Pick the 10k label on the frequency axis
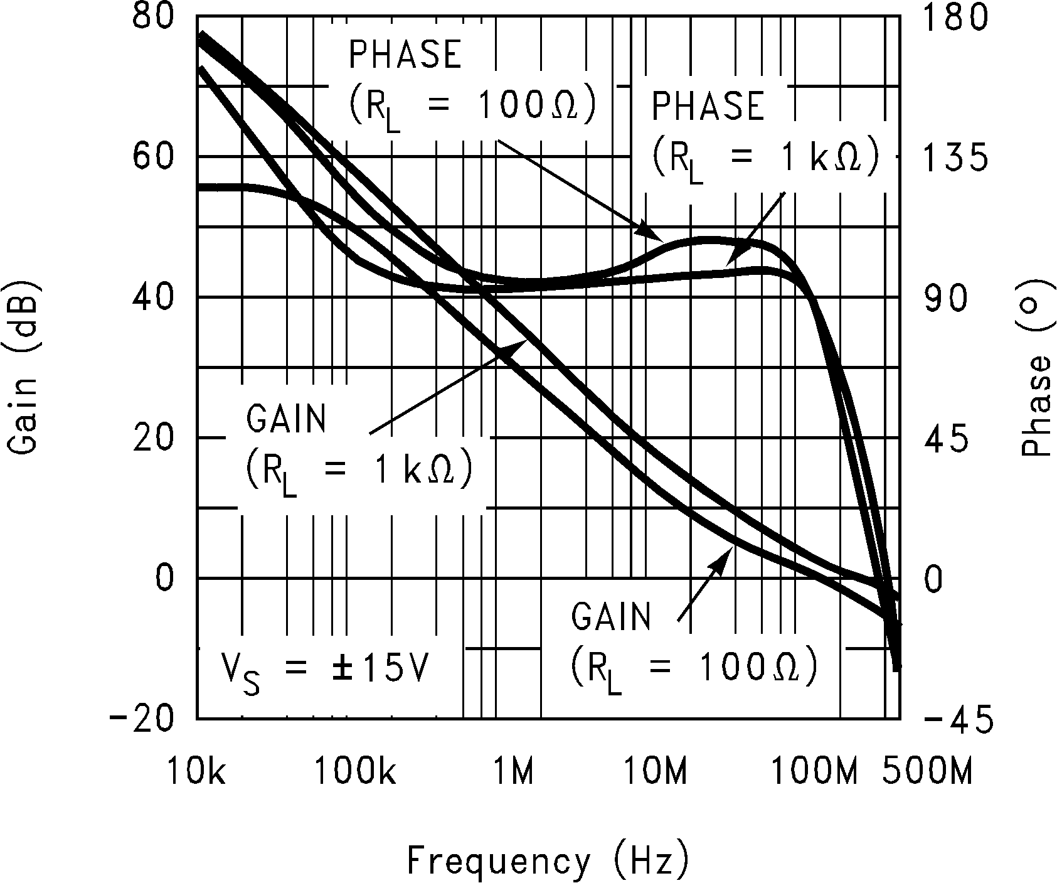196,769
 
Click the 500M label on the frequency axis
927,769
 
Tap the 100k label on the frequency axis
354,769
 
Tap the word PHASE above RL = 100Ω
405,55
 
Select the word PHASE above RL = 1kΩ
708,105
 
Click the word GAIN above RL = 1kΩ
286,419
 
